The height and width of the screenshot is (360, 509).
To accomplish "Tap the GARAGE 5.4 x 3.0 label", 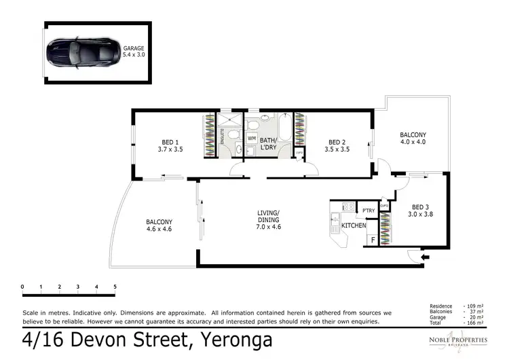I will click(134, 52).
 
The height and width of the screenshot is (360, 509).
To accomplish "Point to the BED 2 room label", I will click(337, 145).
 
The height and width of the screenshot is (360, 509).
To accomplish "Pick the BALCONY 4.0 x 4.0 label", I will click(413, 138).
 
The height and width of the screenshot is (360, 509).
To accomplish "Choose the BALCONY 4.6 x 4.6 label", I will click(159, 226).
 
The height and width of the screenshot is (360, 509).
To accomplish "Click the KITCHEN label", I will click(354, 225).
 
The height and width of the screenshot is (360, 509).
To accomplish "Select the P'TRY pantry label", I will click(369, 211).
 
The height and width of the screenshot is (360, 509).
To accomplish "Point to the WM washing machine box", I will click(251, 139).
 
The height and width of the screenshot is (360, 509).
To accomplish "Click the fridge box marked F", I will click(372, 239).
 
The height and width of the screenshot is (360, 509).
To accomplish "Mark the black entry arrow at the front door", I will click(426, 257).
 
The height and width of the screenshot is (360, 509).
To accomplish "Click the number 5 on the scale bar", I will click(115, 287).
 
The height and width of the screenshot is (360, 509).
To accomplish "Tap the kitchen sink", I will click(334, 218).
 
